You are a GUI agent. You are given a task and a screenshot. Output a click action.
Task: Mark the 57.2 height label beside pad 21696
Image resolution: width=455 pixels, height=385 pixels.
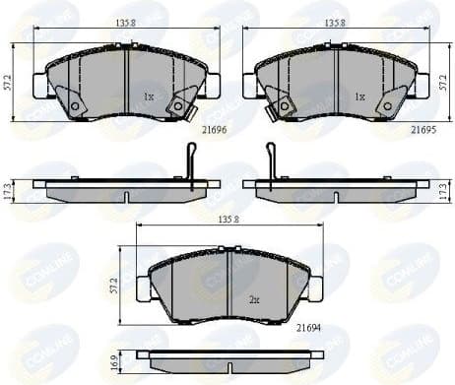(9, 84)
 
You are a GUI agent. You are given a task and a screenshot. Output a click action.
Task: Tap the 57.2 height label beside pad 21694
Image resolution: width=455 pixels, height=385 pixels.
(115, 287)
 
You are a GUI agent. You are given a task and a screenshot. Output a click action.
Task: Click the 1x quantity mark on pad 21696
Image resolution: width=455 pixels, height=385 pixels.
(149, 97)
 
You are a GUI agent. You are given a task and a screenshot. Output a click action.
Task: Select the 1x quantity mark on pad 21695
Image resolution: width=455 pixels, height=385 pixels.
(359, 97)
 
